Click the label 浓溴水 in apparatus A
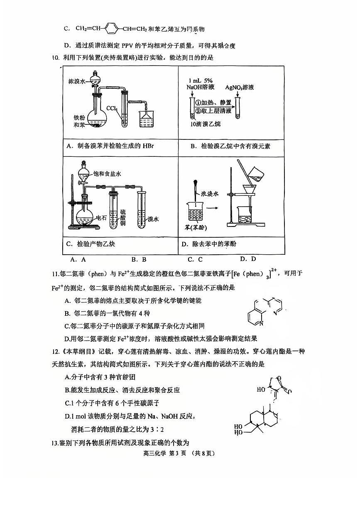point(77,82)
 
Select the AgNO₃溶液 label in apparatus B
point(240,88)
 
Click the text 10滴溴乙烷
point(206,124)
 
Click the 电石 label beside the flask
point(101,217)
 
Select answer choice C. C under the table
point(195,260)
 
